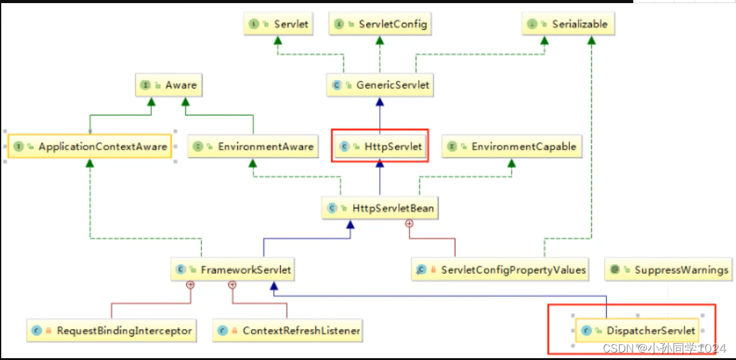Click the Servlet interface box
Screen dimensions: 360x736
point(278,24)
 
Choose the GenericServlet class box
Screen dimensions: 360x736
point(380,85)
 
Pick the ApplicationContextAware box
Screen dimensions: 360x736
point(90,147)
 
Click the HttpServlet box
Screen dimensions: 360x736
point(380,147)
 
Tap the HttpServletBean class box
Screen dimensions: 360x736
point(380,208)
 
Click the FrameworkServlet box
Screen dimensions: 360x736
point(233,270)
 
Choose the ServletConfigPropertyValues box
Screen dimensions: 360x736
point(500,270)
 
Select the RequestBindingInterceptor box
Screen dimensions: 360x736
point(112,330)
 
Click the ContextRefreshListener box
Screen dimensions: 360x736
point(287,330)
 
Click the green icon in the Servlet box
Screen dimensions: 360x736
point(254,24)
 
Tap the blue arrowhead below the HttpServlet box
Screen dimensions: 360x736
point(380,164)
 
